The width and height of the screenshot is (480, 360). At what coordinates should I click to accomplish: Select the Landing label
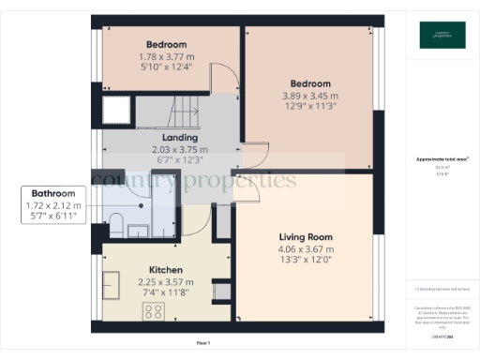[x=180, y=138]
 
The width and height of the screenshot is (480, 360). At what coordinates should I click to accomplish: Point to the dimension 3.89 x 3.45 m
[x=306, y=95]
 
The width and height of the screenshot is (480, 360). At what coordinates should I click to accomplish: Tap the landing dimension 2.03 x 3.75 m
[x=180, y=150]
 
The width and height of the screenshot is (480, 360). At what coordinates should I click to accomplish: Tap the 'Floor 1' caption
[x=202, y=343]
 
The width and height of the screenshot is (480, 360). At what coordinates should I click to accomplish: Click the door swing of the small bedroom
[x=220, y=82]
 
